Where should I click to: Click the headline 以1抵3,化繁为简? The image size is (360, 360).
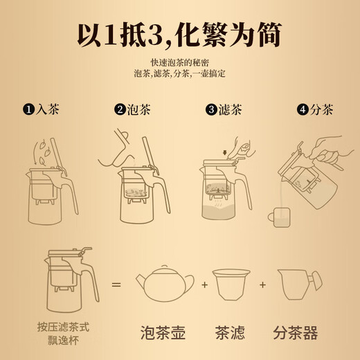(x=180, y=33)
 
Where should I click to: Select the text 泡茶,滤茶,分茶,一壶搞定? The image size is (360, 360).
(x=179, y=73)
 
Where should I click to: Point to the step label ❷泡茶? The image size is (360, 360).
(x=134, y=109)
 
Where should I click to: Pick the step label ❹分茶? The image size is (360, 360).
(x=316, y=109)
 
